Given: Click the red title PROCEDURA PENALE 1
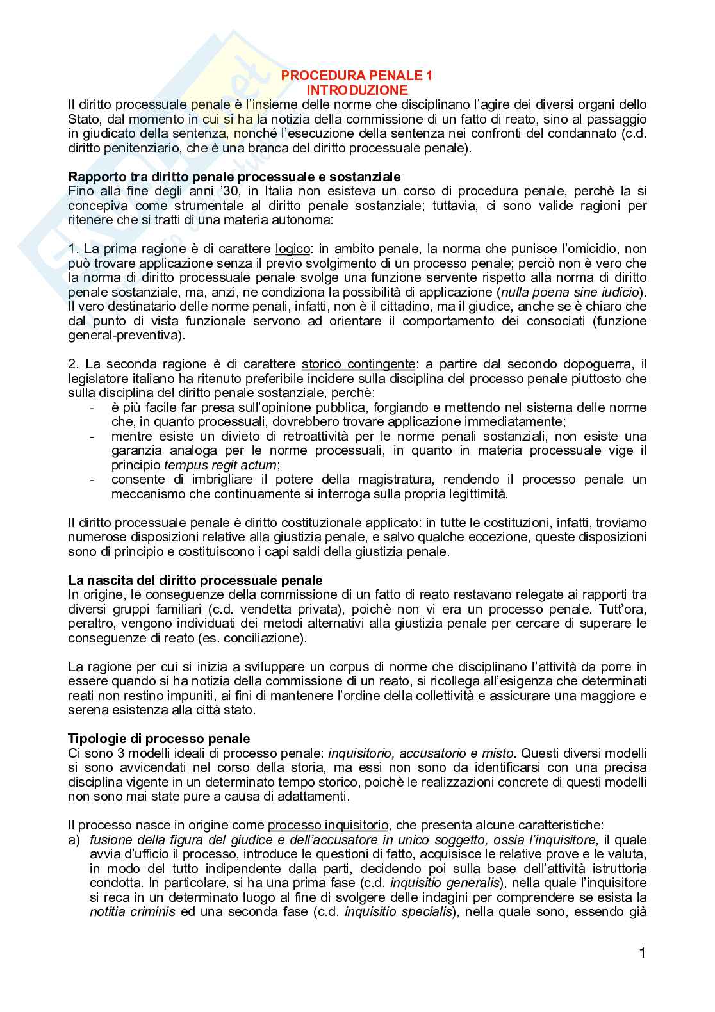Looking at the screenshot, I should [x=357, y=76].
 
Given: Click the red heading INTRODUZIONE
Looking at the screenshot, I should [x=357, y=90].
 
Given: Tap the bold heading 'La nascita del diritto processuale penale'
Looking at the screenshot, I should [x=195, y=580].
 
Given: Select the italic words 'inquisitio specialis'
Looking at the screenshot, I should [x=398, y=911].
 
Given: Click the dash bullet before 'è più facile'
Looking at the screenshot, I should [x=94, y=408].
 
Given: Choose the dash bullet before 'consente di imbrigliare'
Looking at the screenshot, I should [x=94, y=480].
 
